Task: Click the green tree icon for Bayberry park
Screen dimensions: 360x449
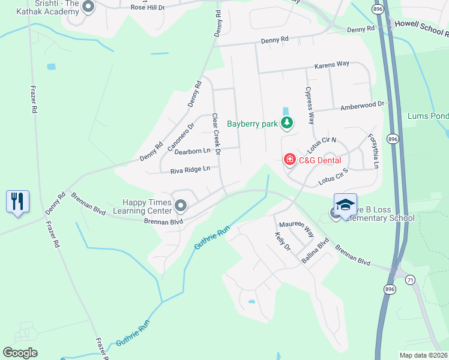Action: [x=288, y=124]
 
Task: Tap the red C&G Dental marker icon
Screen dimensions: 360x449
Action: [x=290, y=160]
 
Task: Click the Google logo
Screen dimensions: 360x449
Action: [x=20, y=353]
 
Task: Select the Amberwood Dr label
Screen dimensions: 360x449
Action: [x=362, y=105]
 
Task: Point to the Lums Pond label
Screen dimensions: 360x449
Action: [x=427, y=116]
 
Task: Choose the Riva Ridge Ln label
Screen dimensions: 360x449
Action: [x=190, y=169]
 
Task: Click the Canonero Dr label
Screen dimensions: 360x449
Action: [x=181, y=137]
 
